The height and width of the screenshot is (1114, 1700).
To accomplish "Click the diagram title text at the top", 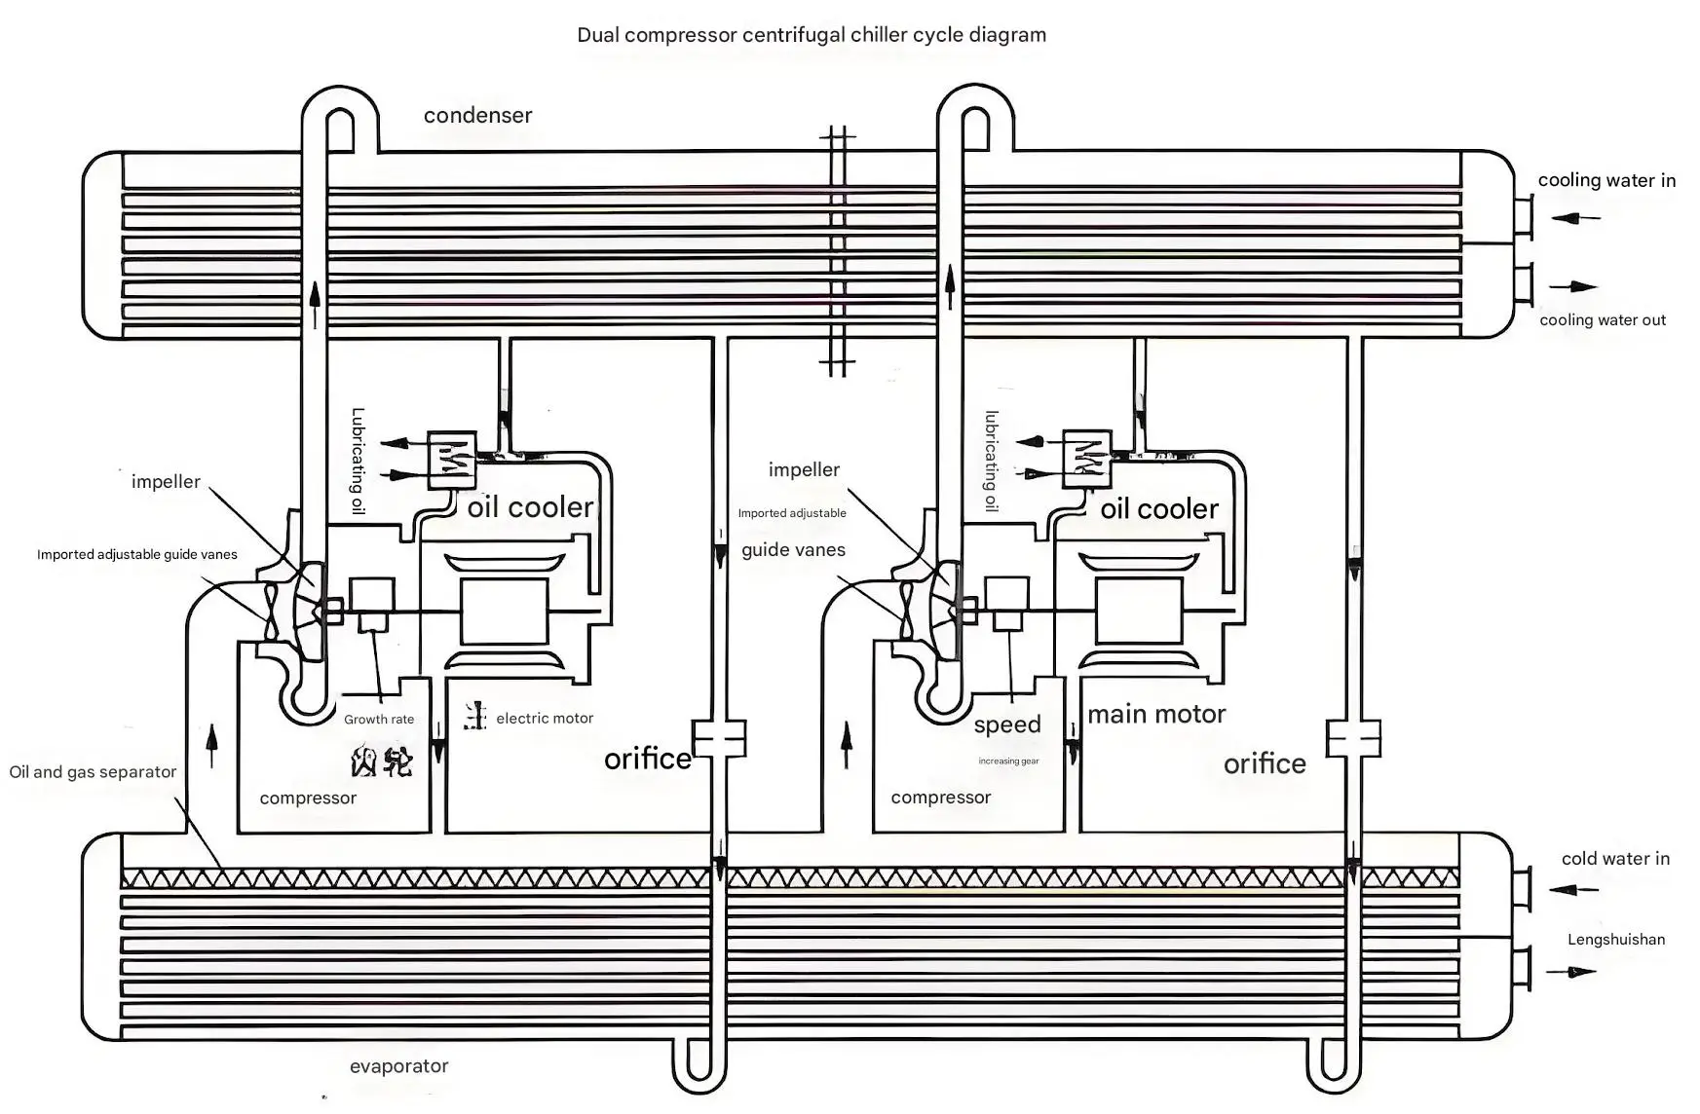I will click(x=811, y=36).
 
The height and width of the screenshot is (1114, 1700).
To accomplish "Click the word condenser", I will click(x=477, y=116).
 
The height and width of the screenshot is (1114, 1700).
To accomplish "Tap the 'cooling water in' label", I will click(x=1606, y=180).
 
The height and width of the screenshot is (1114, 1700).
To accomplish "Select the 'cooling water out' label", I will click(x=1603, y=320).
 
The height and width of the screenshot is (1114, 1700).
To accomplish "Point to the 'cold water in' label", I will click(x=1615, y=859).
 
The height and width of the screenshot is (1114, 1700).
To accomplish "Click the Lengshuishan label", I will click(x=1615, y=940).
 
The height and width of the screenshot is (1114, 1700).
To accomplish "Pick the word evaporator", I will click(x=398, y=1066).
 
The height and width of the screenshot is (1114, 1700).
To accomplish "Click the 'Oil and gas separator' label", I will click(x=93, y=772).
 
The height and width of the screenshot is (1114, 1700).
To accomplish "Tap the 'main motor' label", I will click(x=1156, y=715).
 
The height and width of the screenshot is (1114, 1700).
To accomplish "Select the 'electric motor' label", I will click(x=545, y=719).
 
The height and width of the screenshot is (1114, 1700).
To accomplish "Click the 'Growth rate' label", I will click(x=379, y=720).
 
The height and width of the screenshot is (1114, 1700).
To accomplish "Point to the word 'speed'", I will click(x=1007, y=724).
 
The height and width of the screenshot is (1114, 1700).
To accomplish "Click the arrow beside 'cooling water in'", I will click(x=1574, y=218).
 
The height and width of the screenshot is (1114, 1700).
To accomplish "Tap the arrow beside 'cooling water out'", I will click(x=1573, y=287).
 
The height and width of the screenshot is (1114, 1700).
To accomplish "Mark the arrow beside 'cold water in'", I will click(x=1572, y=889).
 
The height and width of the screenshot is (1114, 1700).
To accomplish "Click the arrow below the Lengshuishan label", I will click(x=1570, y=972).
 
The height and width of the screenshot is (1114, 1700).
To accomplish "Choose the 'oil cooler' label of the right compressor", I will click(x=1159, y=509).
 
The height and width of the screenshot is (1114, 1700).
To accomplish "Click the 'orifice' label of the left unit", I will click(x=647, y=760).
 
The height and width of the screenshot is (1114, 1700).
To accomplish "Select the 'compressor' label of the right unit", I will click(x=940, y=798).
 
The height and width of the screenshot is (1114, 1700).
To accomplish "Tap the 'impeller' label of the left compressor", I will click(x=166, y=482).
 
